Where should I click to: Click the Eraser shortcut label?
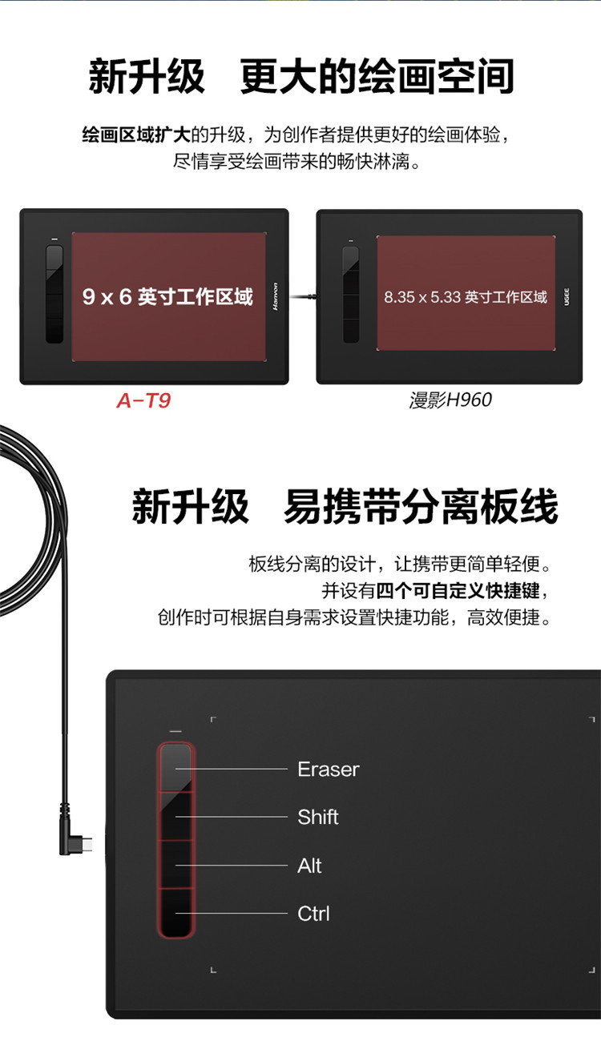point(329,770)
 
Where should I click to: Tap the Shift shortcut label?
point(318,818)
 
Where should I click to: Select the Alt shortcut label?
point(309,866)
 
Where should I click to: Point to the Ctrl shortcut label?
point(313,913)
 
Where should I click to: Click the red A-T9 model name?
point(143,400)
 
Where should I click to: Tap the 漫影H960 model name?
point(450,400)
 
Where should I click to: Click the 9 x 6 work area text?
point(167,297)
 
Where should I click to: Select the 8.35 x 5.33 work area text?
point(466,297)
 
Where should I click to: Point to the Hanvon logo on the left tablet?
point(275,296)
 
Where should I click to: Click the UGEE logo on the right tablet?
point(567,297)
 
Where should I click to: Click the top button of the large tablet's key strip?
point(175,768)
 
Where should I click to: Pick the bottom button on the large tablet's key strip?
point(175,912)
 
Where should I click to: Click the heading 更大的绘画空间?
point(377,76)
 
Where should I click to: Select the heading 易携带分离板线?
point(421,506)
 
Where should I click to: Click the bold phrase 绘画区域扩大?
point(136,135)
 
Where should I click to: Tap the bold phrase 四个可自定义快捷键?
point(458,590)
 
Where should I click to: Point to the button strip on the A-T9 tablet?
point(54,294)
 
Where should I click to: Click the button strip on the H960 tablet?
point(351,294)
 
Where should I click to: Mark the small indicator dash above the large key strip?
point(175,731)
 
